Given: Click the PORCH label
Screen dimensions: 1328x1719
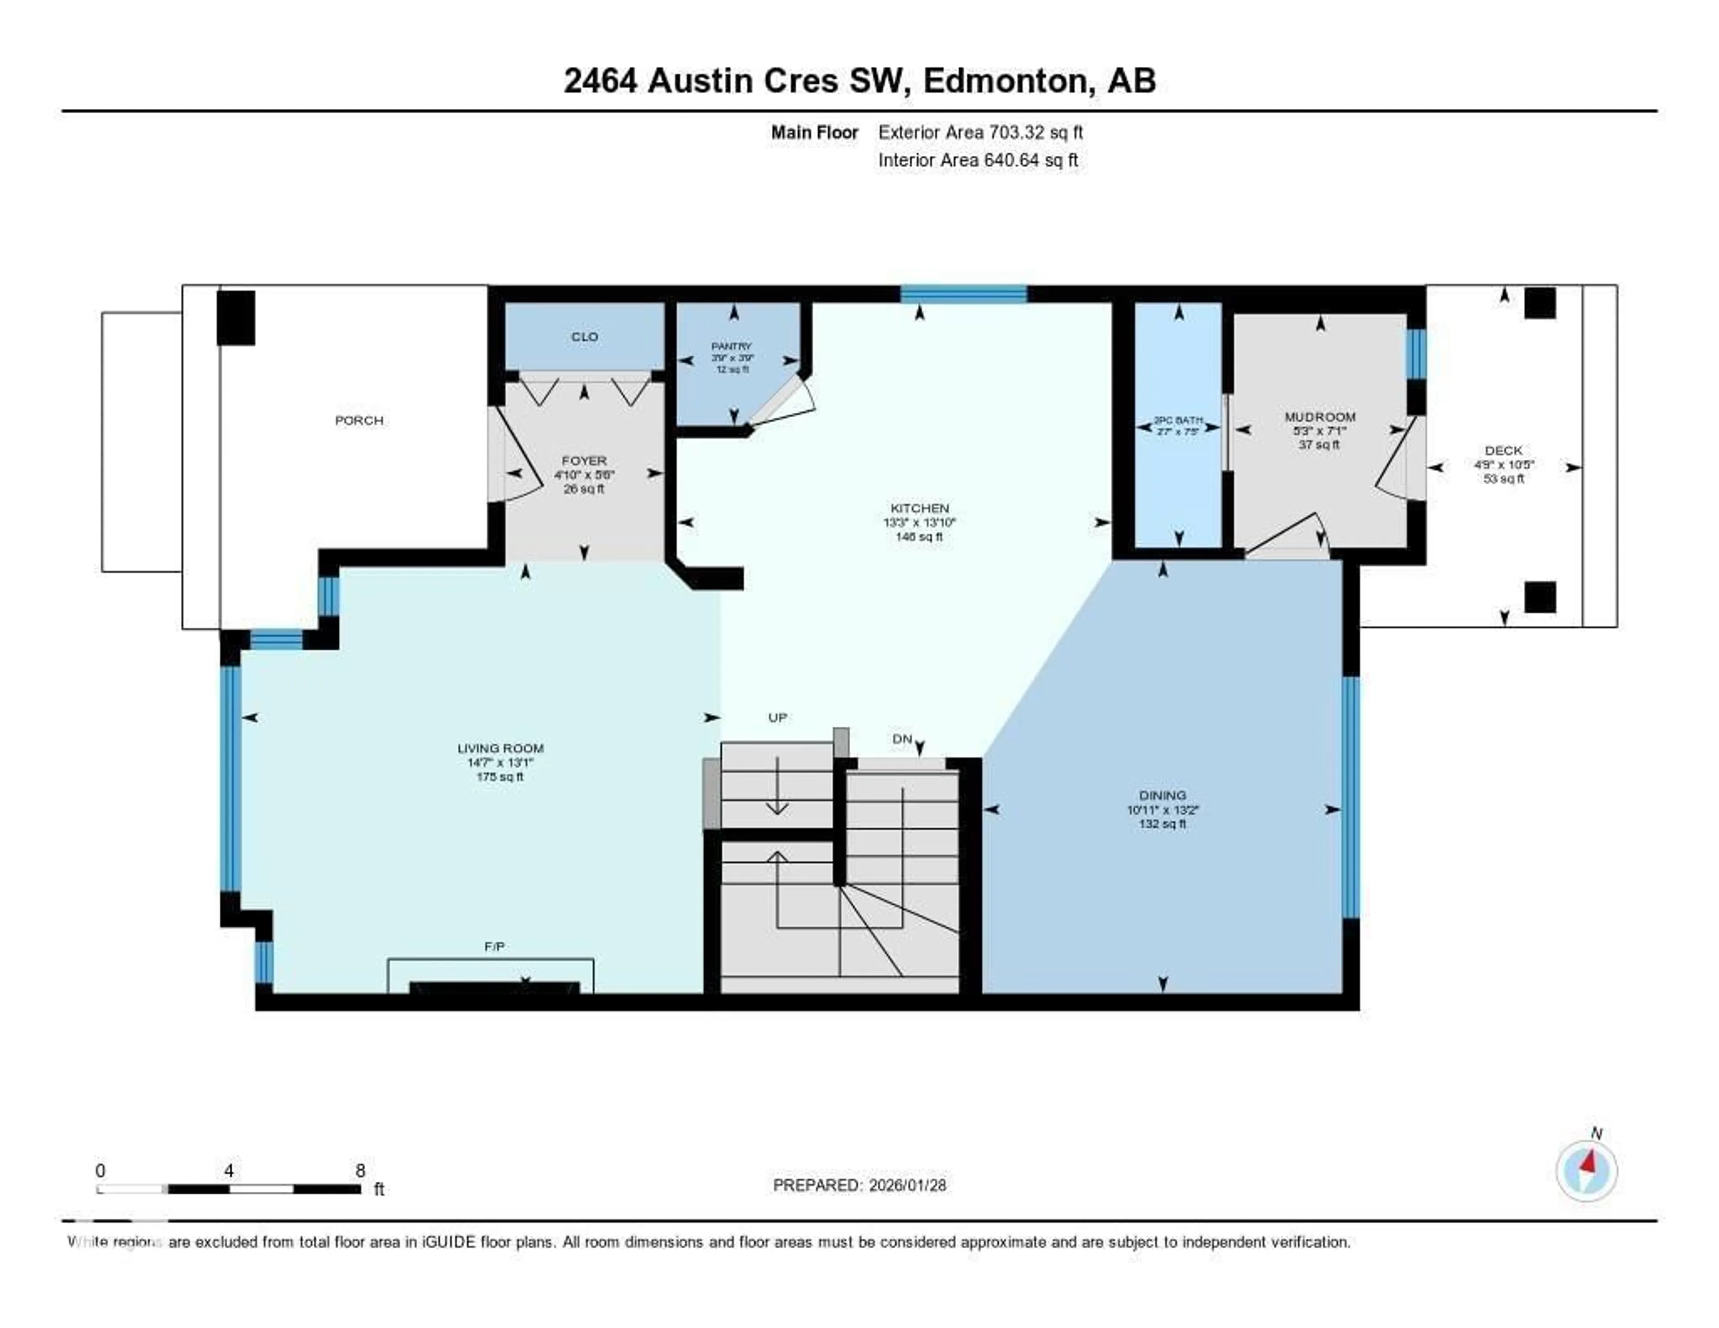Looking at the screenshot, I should click(359, 420).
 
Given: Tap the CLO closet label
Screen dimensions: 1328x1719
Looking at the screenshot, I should click(584, 337).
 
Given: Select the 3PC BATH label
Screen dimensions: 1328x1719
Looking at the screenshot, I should click(1178, 420).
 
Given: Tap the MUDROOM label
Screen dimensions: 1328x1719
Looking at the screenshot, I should click(1320, 416).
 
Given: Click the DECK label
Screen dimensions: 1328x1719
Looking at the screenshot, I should click(1503, 450).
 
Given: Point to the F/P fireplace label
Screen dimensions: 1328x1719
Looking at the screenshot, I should click(494, 946).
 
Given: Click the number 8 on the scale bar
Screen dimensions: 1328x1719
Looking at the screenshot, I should click(360, 1170).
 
